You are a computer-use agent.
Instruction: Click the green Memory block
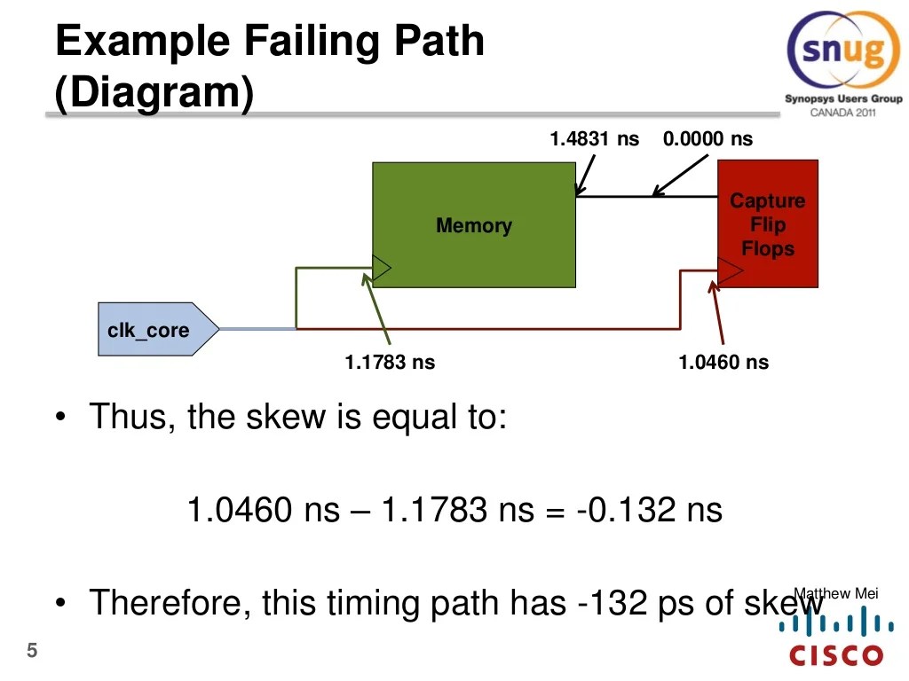(473, 225)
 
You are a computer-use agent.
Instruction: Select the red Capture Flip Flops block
(767, 223)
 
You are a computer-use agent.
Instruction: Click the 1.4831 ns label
(594, 139)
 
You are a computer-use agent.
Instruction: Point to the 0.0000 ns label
(707, 139)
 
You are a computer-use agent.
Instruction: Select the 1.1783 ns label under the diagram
(390, 362)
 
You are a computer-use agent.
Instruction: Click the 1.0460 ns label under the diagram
(723, 362)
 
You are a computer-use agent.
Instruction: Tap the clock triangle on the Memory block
(382, 267)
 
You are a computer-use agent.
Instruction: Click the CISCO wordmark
(837, 657)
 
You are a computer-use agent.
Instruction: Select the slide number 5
(32, 652)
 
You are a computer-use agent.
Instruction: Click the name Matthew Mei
(835, 593)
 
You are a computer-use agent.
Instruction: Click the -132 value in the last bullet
(613, 604)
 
